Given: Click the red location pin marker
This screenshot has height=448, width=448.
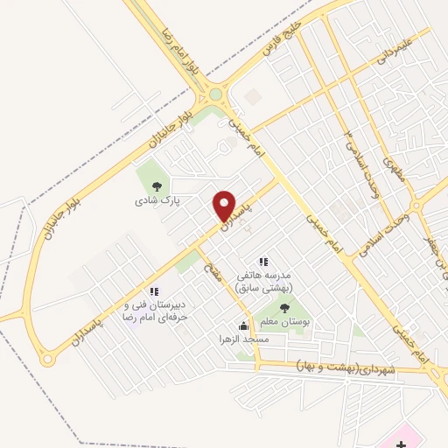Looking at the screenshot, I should coord(225,206).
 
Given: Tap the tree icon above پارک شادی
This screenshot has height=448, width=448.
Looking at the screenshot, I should coord(156,185).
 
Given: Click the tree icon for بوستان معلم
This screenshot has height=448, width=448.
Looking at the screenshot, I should coord(284,307).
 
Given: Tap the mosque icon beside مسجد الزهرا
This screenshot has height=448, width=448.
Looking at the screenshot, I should coord(243,325).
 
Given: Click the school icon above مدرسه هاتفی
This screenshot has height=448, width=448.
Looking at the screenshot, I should coord(262,262).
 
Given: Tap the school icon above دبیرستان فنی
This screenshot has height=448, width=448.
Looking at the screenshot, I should coord(154,291).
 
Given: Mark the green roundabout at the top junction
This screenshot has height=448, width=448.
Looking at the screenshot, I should coord(215,94).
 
